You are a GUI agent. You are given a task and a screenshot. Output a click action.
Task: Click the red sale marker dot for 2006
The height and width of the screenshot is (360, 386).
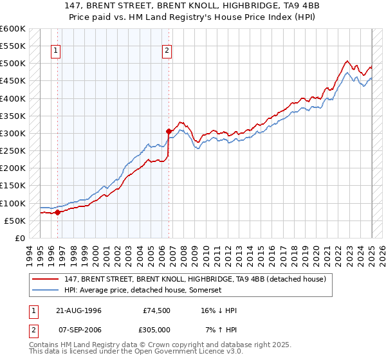coord(169,131)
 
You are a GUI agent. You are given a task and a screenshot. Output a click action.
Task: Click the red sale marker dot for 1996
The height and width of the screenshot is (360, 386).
coord(57,212)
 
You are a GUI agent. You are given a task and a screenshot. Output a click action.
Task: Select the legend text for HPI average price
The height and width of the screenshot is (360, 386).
coord(142,290)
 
